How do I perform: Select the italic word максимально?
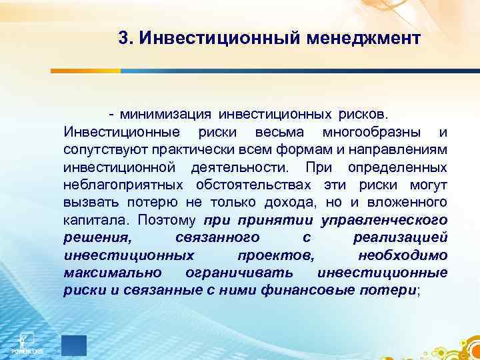(107, 273)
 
